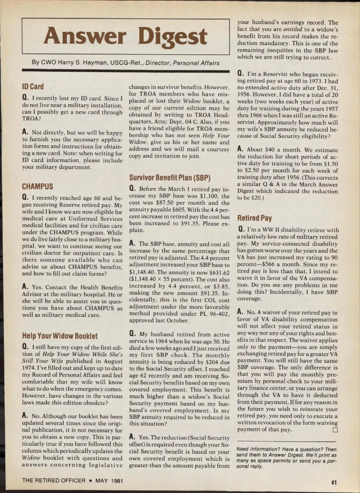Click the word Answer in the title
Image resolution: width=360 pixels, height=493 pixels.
pos(85,36)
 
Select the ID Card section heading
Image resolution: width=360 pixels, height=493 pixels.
pos(33,87)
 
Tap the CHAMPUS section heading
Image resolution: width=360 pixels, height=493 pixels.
pos(37,187)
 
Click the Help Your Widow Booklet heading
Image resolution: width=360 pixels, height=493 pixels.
pos(60,336)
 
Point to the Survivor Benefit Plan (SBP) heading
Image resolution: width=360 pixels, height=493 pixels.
pos(170,178)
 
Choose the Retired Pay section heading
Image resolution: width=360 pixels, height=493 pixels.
pos(254,218)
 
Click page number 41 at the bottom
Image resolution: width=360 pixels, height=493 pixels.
pos(334,483)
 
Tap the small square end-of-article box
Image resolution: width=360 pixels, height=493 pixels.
pos(335,430)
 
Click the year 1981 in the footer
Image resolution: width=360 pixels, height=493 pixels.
pos(117,480)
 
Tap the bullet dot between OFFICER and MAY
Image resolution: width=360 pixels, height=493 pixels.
pos(90,480)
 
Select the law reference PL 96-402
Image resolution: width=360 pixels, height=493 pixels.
pos(214,314)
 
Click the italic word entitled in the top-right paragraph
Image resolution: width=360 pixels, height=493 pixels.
pos(292,29)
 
